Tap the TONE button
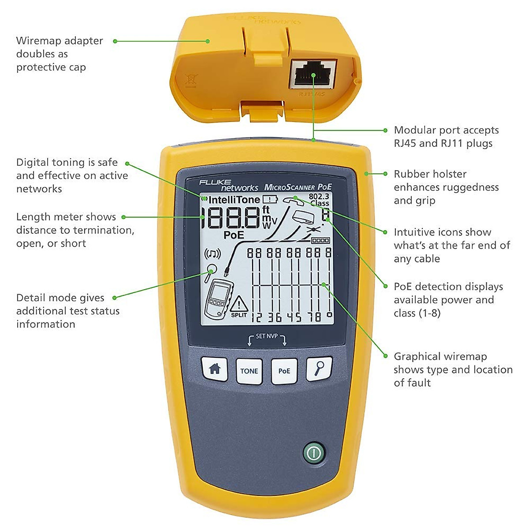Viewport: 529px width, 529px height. tap(249, 371)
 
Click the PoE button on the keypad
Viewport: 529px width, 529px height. tap(284, 371)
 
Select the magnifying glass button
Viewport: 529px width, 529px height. tap(319, 369)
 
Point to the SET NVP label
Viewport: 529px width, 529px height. tap(267, 336)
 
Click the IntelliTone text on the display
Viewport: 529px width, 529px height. tap(234, 200)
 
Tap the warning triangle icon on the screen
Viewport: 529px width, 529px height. tap(239, 304)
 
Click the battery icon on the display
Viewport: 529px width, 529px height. tap(270, 199)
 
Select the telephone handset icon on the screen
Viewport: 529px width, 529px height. tap(294, 201)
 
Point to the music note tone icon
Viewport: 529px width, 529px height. tap(212, 254)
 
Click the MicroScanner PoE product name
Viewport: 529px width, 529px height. tap(298, 187)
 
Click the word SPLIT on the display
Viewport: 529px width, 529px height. tap(239, 315)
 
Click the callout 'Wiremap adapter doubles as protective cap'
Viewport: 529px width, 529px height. tap(59, 54)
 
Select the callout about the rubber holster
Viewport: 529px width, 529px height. tap(446, 187)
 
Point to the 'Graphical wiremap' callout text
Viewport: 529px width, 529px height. tap(453, 369)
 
